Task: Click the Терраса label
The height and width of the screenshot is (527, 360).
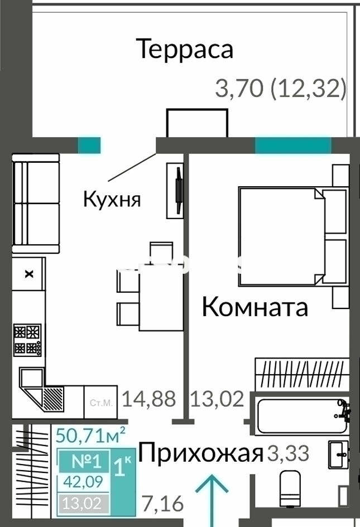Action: pyautogui.click(x=185, y=49)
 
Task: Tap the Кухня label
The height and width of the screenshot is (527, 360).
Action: pyautogui.click(x=112, y=199)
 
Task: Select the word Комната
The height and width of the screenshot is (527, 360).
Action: pyautogui.click(x=255, y=307)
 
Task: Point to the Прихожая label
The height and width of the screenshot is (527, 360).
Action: pyautogui.click(x=200, y=454)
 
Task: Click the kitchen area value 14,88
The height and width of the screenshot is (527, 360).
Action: pyautogui.click(x=149, y=399)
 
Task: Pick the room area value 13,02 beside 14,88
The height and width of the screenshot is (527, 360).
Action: pyautogui.click(x=218, y=399)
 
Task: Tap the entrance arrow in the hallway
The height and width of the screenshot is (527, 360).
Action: pyautogui.click(x=212, y=496)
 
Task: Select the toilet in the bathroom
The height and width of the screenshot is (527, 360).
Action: pyautogui.click(x=291, y=489)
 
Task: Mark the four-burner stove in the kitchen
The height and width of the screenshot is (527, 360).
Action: pyautogui.click(x=28, y=340)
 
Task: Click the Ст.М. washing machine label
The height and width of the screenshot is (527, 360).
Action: pyautogui.click(x=101, y=402)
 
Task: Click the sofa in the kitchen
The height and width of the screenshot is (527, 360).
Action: pyautogui.click(x=35, y=205)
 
